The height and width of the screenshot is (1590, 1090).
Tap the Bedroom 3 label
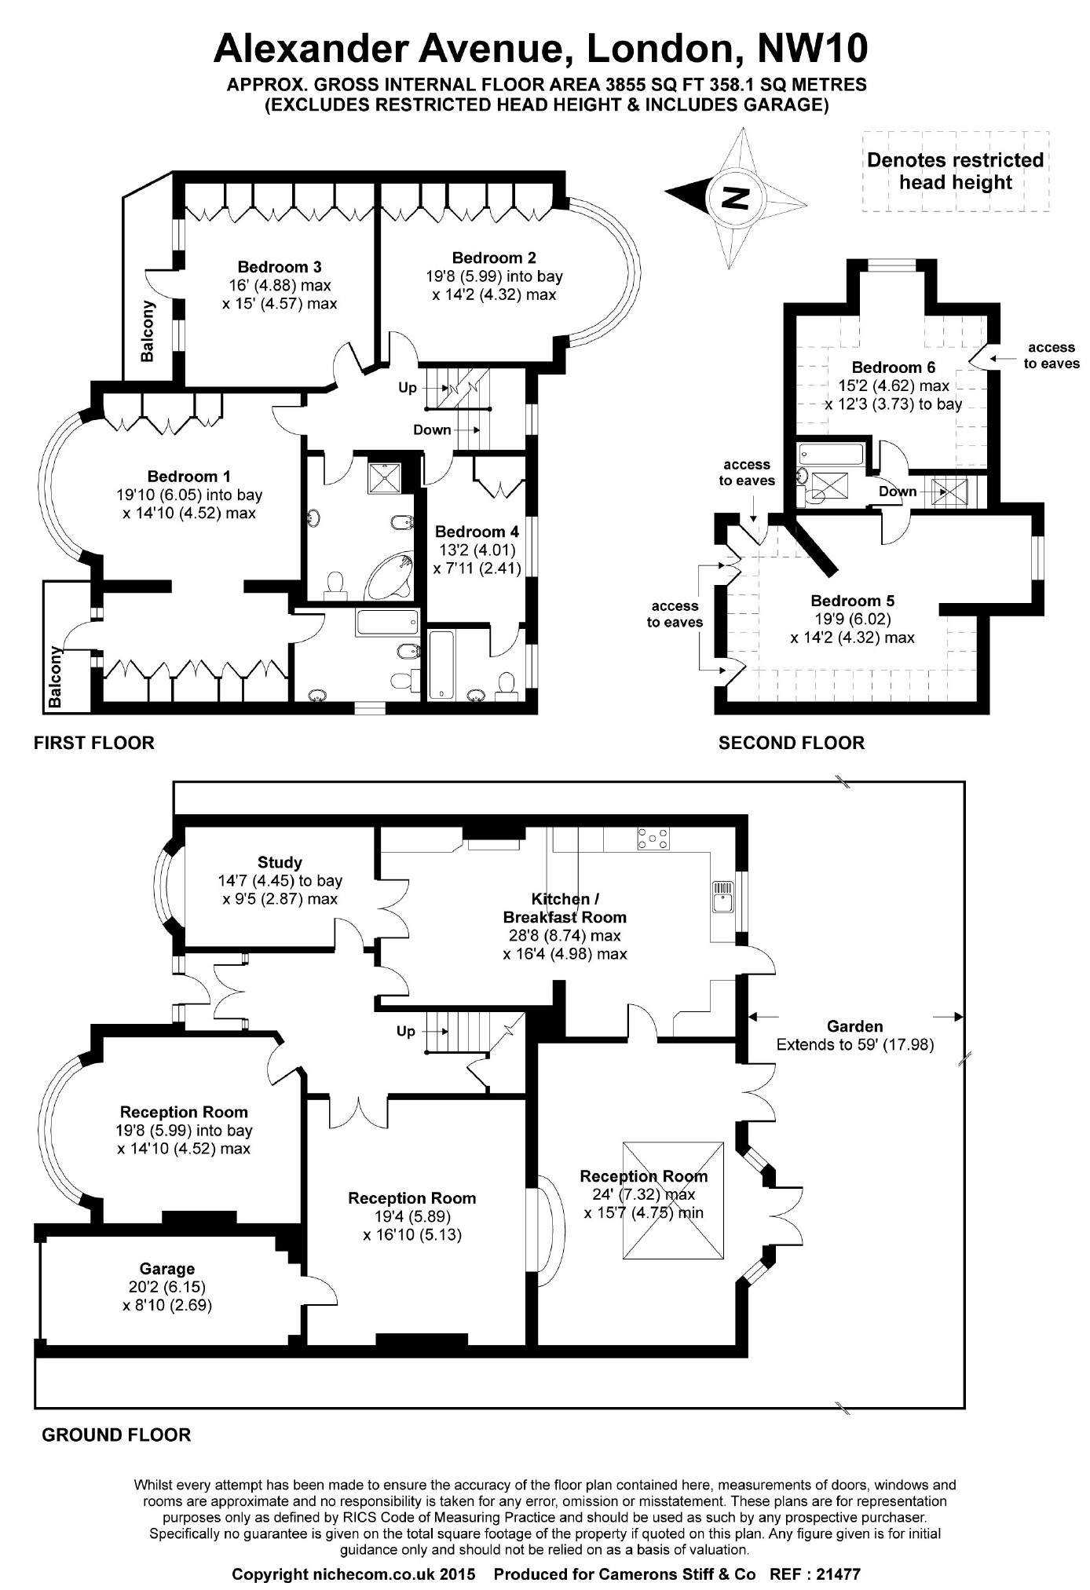coord(280,267)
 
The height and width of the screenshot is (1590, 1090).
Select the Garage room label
coord(167,1268)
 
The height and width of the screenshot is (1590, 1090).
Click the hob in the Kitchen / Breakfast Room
coord(653,839)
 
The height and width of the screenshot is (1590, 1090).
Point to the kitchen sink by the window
coord(722,896)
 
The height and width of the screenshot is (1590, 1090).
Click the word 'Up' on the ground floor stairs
coord(406,1031)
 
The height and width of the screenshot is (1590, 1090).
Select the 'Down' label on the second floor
coord(898,492)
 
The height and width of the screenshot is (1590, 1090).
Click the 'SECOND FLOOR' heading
coord(791,743)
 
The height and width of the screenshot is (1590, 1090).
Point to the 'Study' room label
coord(280,863)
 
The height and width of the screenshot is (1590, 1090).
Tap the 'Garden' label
coord(854,1026)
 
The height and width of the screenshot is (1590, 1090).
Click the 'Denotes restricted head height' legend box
coord(955,171)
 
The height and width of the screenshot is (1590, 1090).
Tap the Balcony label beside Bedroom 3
coord(147,331)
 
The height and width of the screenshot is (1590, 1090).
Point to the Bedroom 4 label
coord(477,532)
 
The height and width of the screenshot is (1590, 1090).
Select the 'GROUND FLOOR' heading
coord(116,1435)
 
